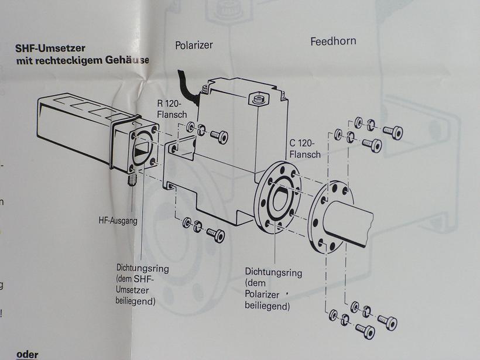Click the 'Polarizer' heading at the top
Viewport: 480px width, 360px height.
pyautogui.click(x=194, y=45)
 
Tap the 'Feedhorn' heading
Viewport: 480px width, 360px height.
pyautogui.click(x=332, y=41)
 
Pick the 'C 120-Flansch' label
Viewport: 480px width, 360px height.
pyautogui.click(x=305, y=149)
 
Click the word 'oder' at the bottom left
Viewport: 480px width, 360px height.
pyautogui.click(x=27, y=354)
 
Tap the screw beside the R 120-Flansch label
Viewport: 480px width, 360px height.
pyautogui.click(x=219, y=136)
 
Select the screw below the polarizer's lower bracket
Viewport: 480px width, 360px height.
pyautogui.click(x=216, y=235)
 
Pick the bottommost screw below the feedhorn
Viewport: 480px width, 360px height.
pyautogui.click(x=365, y=332)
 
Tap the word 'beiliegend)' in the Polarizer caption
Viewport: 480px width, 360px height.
pyautogui.click(x=267, y=306)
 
